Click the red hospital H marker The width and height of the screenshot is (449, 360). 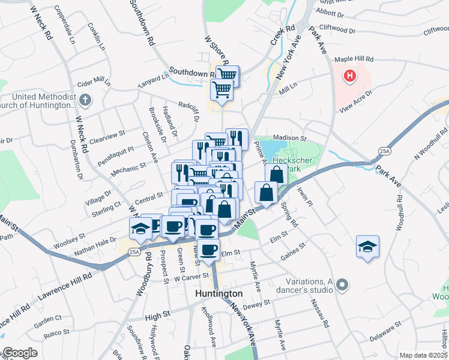tap(349, 77)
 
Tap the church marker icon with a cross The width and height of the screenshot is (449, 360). tap(85, 100)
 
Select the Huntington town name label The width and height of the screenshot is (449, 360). tap(219, 293)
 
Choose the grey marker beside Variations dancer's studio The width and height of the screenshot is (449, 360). tap(342, 284)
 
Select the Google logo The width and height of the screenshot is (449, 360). tap(20, 353)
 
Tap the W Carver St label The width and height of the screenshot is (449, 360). tap(191, 278)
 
